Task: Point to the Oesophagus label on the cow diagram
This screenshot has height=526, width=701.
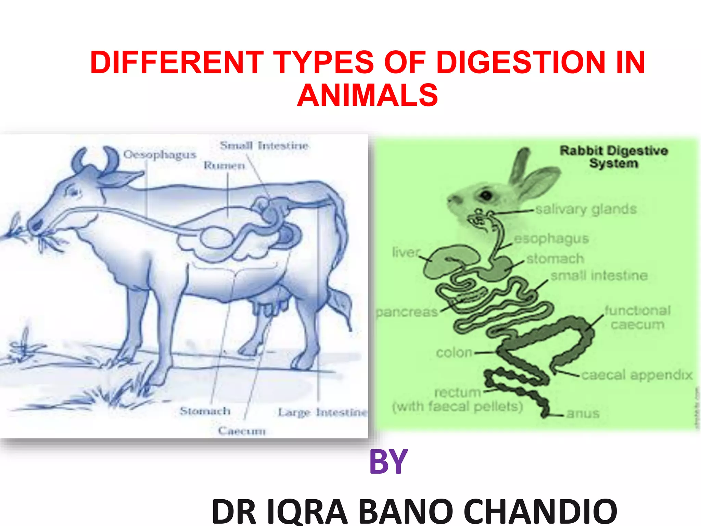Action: point(160,155)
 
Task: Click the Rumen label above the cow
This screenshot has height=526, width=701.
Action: point(225,165)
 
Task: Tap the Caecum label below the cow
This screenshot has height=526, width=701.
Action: point(242,430)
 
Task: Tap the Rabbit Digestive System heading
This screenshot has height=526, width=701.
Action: point(614,156)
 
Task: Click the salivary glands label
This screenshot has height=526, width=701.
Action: point(586,209)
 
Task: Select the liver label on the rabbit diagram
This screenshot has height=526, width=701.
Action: point(406,252)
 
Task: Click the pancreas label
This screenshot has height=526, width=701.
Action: point(407,312)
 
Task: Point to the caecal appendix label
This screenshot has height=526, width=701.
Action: point(637,375)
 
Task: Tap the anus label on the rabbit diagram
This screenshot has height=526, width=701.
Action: point(583,413)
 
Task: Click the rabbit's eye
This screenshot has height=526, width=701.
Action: point(486,195)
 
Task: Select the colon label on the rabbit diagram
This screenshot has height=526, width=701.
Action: point(454,352)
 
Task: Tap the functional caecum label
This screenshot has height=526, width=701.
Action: point(637,317)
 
